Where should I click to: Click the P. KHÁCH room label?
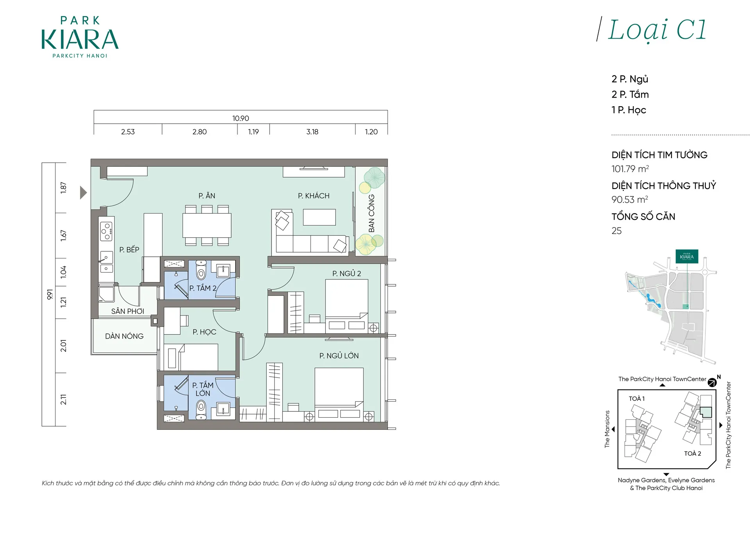pos(314,196)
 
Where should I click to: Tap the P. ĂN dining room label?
pos(207,196)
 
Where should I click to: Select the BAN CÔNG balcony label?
pos(371,213)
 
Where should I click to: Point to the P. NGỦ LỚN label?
pos(339,356)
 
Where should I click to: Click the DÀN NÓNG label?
pos(124,336)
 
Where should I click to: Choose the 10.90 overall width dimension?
pos(241,118)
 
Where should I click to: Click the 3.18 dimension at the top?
pos(312,132)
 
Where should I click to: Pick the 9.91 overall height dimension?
pos(50,294)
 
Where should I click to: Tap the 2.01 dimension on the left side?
pos(63,346)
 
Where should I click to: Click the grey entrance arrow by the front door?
pos(83,192)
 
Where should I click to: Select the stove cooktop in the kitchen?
pos(107,231)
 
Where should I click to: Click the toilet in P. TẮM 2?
pos(201,270)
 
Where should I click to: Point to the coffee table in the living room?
pos(319,217)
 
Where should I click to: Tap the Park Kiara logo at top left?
pos(80,37)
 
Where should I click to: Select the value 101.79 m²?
pos(630,169)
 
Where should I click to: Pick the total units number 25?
pos(616,231)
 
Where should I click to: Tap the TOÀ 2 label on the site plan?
pos(692,453)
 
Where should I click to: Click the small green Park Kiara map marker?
pos(687,256)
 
